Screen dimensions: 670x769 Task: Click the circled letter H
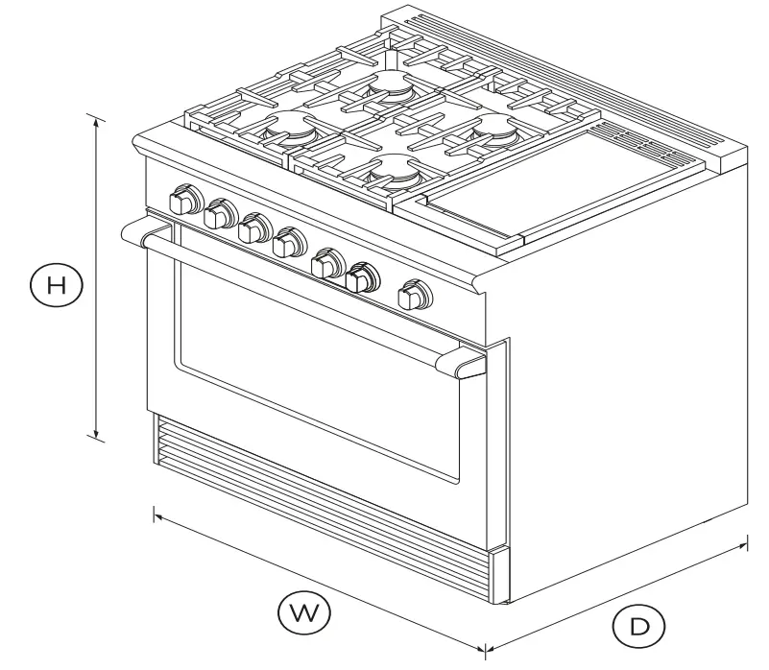57,284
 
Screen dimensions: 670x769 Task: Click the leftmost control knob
183,202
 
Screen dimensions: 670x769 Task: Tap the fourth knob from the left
287,244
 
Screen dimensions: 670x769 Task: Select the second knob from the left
220,213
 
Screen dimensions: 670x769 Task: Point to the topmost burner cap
389,82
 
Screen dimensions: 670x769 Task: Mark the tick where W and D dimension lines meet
485,649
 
